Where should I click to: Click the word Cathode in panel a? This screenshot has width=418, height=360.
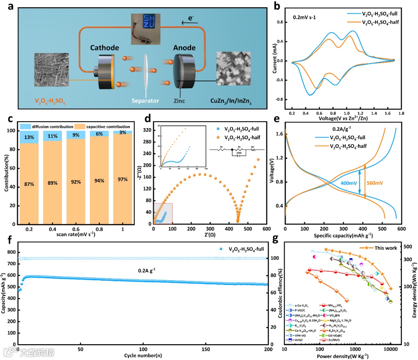pos(104,48)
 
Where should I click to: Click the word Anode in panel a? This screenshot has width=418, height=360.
pos(184,48)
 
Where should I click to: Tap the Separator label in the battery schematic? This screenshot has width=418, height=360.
pos(145,101)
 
